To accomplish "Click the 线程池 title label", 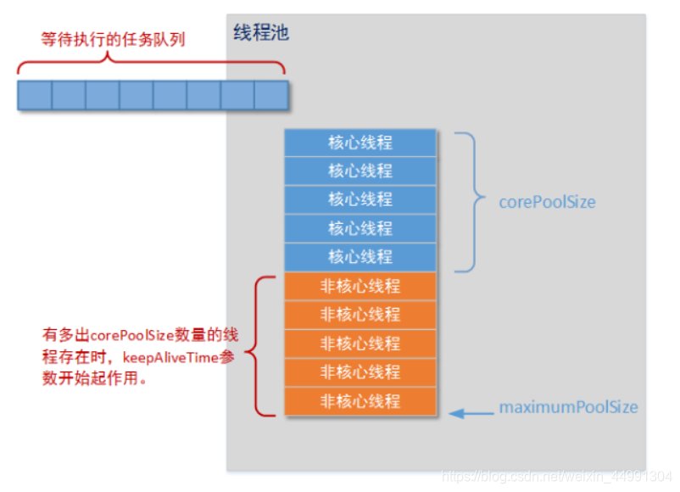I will (261, 34).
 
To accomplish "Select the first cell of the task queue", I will (35, 95).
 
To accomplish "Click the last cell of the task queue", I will (271, 95).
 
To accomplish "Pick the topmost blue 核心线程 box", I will (360, 143).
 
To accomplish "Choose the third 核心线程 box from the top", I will (360, 199).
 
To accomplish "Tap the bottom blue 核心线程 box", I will (360, 257).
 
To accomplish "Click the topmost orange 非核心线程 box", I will (360, 286).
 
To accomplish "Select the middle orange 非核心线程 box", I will (360, 344).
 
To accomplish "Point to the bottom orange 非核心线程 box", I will (360, 401).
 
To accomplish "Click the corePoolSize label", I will (547, 203).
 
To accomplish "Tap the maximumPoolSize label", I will (568, 408).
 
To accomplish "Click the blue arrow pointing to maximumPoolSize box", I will (471, 414).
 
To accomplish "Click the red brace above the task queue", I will (151, 62).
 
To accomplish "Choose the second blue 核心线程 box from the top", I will (360, 171).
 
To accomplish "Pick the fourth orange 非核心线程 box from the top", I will (360, 372).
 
